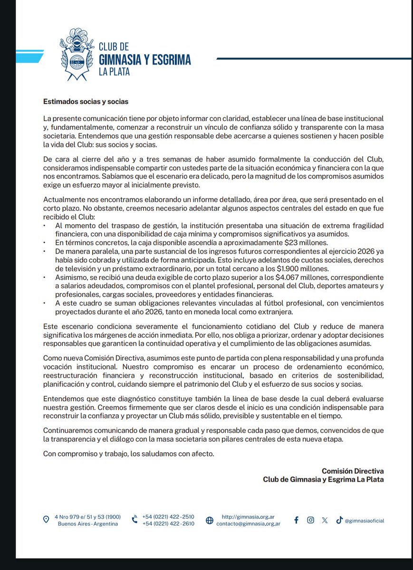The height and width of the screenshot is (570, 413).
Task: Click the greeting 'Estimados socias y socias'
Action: (86, 101)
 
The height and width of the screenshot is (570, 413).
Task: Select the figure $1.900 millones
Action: (307, 268)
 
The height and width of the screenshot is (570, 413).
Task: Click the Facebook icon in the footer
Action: (296, 520)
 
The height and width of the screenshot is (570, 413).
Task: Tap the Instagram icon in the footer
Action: (310, 520)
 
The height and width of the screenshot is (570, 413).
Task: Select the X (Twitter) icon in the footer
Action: (325, 520)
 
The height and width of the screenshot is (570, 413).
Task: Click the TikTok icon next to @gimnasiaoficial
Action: (339, 520)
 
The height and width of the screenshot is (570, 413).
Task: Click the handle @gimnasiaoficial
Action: (364, 521)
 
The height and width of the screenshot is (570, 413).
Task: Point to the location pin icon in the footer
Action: (46, 520)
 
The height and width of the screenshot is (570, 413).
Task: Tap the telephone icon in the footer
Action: (134, 520)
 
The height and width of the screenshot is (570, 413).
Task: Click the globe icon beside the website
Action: (210, 520)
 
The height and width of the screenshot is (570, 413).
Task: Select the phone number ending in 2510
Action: (168, 517)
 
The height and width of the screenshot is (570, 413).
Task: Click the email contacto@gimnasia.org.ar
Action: (248, 524)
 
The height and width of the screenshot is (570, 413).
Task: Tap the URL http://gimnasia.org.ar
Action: (248, 517)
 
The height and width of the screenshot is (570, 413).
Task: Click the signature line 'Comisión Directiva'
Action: (352, 471)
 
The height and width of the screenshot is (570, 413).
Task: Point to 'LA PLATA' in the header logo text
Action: (114, 72)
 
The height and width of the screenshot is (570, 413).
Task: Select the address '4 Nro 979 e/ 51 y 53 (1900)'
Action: (87, 517)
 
